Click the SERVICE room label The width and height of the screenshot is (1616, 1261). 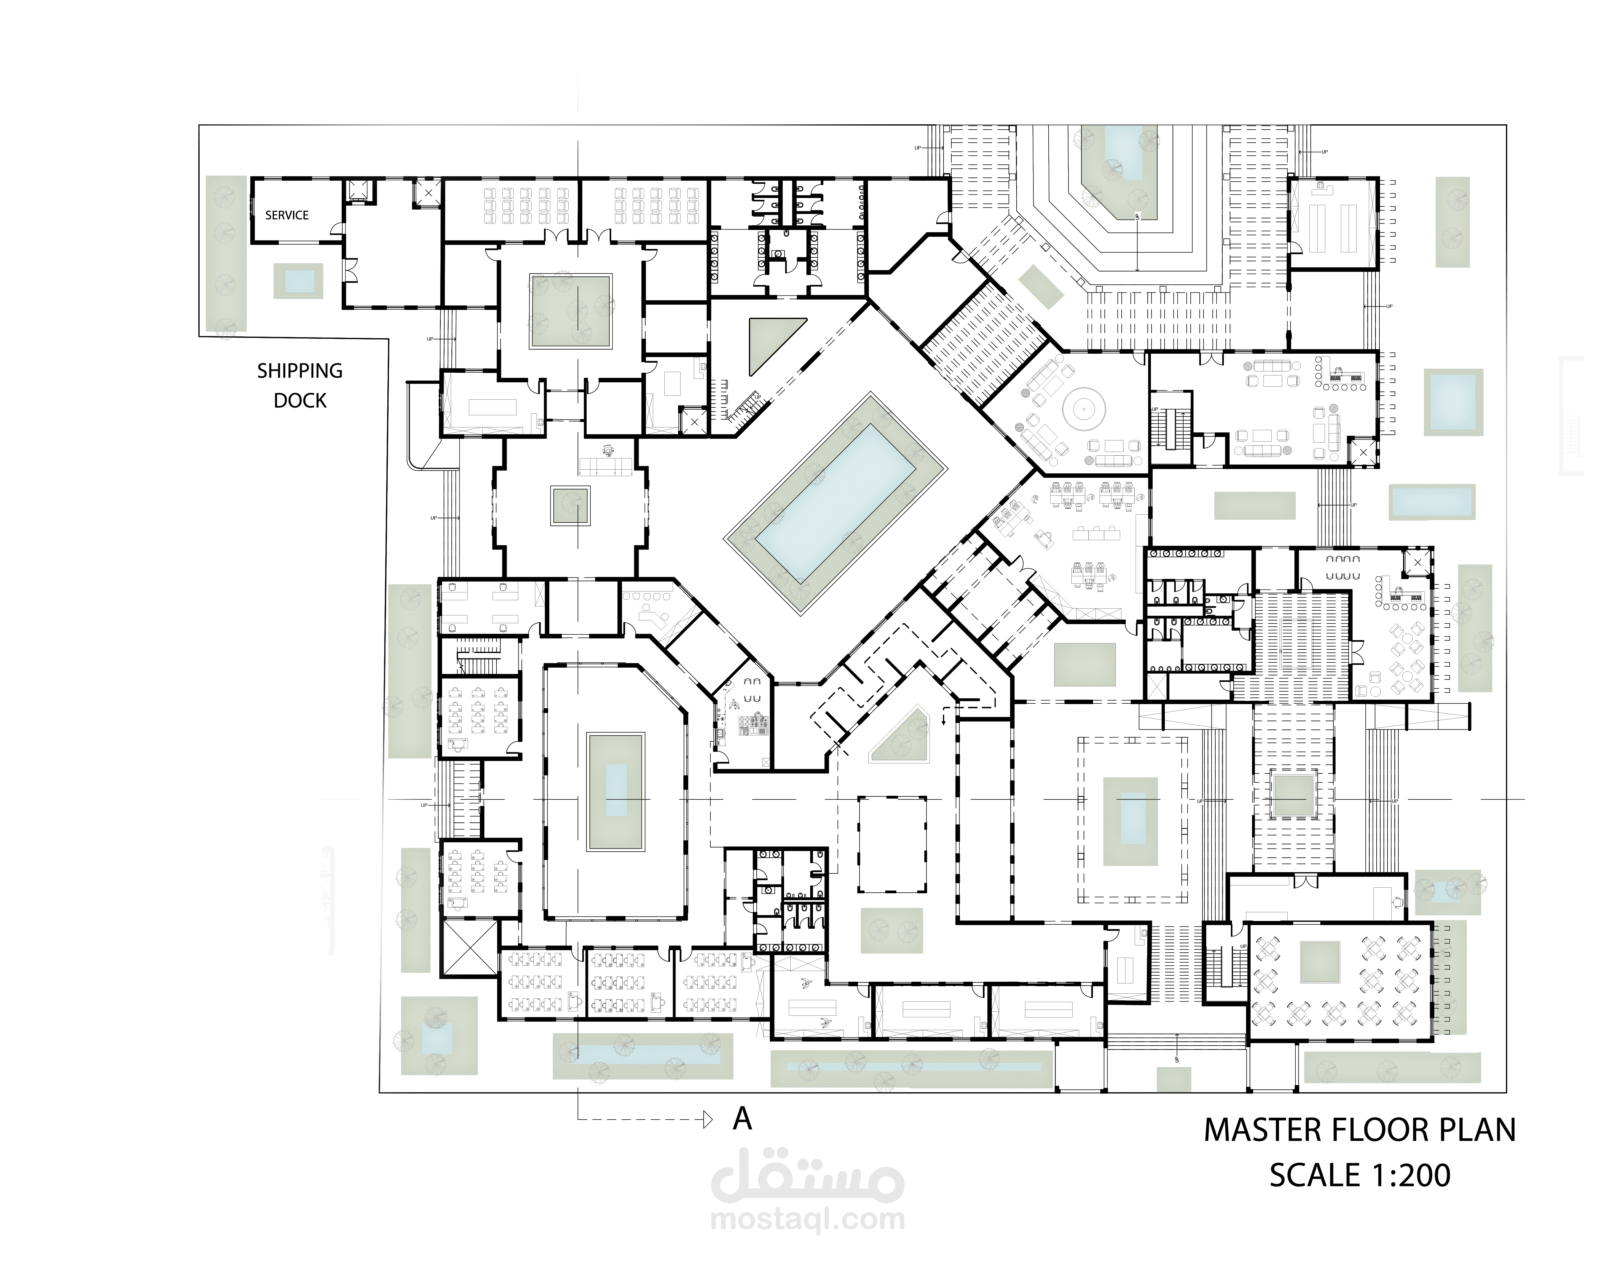point(287,215)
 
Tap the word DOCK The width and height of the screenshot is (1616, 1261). point(300,401)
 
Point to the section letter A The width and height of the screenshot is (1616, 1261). point(742,1120)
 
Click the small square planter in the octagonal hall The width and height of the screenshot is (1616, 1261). point(570,505)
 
